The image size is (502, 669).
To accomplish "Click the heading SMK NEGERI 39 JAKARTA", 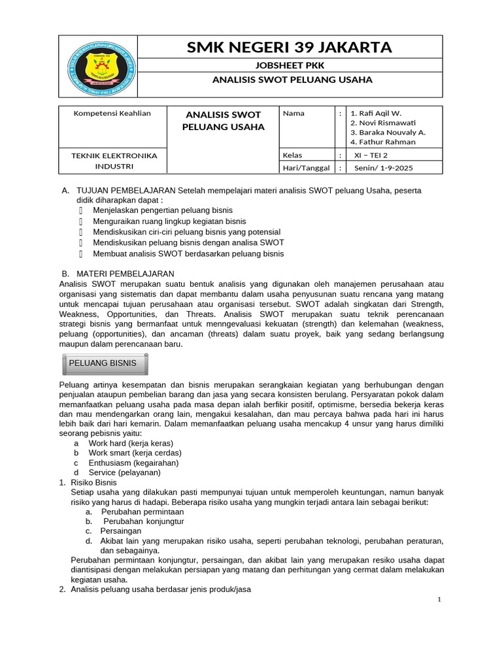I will click(x=290, y=47).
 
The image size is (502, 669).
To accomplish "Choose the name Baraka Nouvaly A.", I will click(x=388, y=132).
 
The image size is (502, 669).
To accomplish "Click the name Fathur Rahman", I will click(x=382, y=142).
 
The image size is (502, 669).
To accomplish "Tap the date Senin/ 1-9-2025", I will click(x=383, y=168).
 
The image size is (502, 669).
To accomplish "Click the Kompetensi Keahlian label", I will click(x=112, y=113).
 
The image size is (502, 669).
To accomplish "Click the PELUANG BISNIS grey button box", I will click(x=105, y=363).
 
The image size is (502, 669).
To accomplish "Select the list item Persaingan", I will click(x=121, y=532).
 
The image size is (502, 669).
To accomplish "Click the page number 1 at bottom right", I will click(x=439, y=600).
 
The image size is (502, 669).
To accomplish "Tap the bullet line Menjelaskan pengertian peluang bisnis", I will click(x=159, y=210).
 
